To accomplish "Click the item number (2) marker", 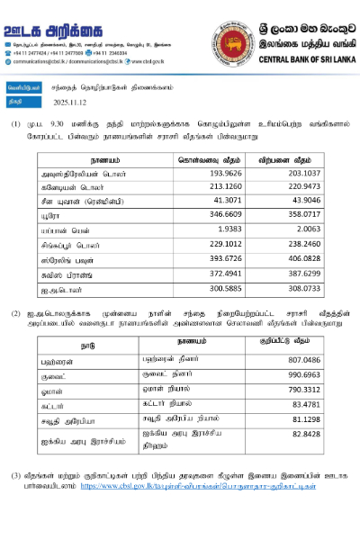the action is pyautogui.click(x=16, y=312).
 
